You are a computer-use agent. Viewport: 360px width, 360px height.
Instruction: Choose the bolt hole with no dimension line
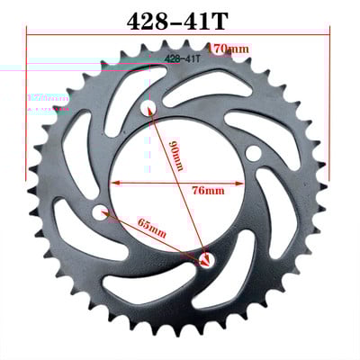click(255, 150)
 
